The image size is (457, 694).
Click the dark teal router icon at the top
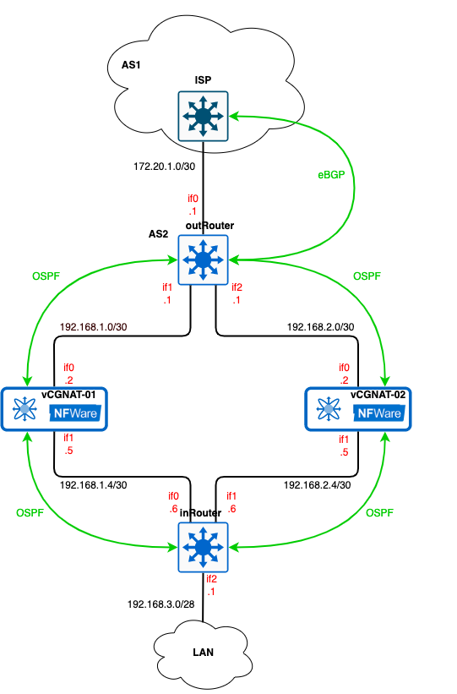204,116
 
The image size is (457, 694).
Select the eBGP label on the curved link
331,175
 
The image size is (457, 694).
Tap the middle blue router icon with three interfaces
204,260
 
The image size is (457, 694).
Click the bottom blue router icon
204,547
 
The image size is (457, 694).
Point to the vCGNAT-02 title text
378,395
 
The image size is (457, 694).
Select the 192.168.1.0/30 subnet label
93,326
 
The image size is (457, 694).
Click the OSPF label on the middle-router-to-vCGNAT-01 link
46,276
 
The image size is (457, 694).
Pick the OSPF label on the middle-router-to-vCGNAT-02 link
367,276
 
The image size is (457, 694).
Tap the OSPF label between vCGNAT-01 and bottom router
30,513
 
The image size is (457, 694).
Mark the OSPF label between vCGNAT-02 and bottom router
380,513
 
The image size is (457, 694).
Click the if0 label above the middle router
193,199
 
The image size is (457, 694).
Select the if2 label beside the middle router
237,287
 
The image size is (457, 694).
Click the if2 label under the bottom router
211,579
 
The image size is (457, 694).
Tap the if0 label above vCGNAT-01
69,368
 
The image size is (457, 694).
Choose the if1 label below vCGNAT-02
344,439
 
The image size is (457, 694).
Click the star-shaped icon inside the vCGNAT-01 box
24,410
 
